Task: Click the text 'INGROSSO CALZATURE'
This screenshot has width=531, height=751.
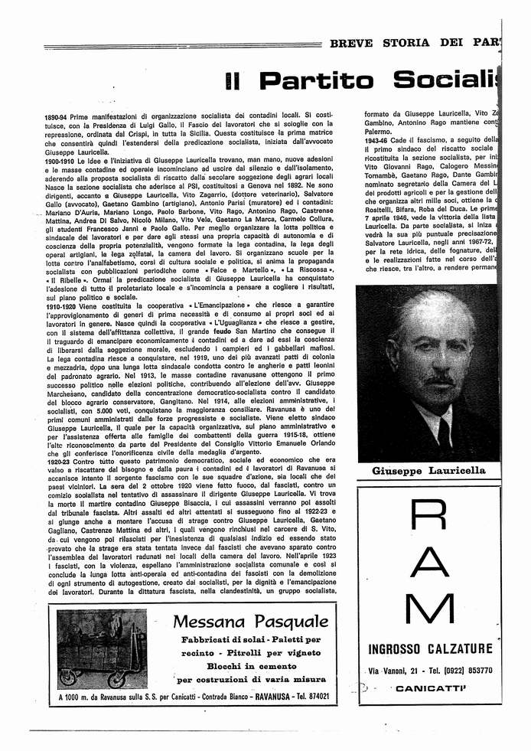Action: (430, 649)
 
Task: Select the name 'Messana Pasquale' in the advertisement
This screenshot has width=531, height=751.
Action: (251, 621)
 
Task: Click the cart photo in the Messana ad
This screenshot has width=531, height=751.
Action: (102, 649)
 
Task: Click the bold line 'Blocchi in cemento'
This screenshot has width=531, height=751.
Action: (249, 666)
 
